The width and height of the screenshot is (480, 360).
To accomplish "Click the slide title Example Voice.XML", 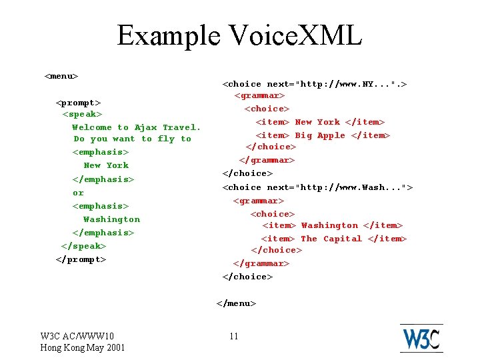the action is [x=239, y=35].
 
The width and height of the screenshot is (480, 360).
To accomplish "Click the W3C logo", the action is [x=421, y=338].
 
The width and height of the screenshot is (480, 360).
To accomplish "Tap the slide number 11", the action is [x=233, y=336].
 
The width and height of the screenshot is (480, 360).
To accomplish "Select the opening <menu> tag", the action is [x=61, y=76].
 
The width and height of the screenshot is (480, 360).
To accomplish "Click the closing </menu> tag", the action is [x=236, y=303].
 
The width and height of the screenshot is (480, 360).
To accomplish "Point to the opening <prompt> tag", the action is [x=79, y=103].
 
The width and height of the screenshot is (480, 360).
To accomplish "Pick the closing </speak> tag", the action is [x=83, y=246].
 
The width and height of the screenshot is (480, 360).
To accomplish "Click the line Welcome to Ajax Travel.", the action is [x=136, y=127].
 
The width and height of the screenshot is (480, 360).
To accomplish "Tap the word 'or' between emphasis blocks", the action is [x=78, y=193].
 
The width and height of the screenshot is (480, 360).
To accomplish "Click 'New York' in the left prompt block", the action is [x=106, y=165].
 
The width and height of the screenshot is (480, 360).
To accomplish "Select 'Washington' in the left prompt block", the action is [x=111, y=219].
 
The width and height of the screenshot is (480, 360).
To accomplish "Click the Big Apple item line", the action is [x=323, y=135].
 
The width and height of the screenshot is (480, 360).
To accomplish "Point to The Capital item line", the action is [x=333, y=239].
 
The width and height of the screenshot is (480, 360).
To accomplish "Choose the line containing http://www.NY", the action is [x=315, y=84].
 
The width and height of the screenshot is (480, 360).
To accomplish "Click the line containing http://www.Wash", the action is [x=317, y=187].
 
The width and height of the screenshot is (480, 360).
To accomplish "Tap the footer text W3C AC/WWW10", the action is [x=77, y=336].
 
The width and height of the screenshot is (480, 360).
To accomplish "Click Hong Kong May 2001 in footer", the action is [x=83, y=347].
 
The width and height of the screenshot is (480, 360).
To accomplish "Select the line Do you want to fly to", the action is [x=132, y=139].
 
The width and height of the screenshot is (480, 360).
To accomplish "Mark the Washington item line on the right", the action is [x=332, y=225].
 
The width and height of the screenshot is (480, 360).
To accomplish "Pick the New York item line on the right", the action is [x=321, y=122].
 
